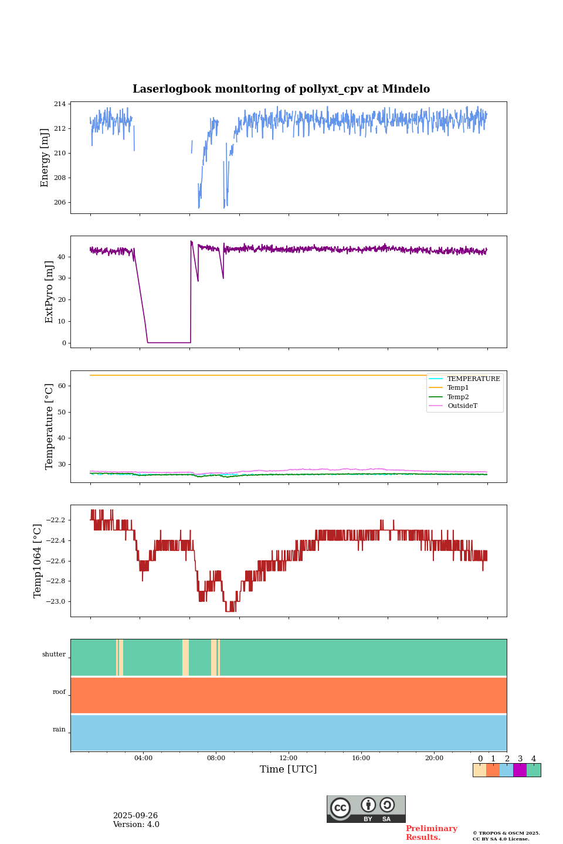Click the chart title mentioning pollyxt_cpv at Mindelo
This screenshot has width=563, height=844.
pos(281,89)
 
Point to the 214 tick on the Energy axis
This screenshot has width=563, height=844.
pos(60,104)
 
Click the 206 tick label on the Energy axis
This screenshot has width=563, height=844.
pos(60,203)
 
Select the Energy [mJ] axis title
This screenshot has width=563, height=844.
pos(45,158)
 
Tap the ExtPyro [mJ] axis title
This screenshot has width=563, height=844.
pos(49,292)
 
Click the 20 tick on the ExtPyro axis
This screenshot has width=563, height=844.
pos(62,300)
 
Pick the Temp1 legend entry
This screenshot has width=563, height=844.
pos(458,388)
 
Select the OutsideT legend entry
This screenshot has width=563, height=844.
pos(462,406)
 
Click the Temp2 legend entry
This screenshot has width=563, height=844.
pos(458,397)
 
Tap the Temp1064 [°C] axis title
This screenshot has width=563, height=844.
pos(38,561)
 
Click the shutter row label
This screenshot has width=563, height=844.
pos(54,655)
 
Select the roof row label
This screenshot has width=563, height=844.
pos(59,692)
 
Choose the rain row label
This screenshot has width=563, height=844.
pos(59,730)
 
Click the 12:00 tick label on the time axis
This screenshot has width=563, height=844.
pos(289,758)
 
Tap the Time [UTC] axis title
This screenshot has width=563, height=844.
pos(289,770)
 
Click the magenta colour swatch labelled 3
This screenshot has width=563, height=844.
pos(520,770)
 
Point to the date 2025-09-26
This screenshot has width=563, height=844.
pos(135,816)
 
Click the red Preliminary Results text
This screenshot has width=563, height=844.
pos(431,833)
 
